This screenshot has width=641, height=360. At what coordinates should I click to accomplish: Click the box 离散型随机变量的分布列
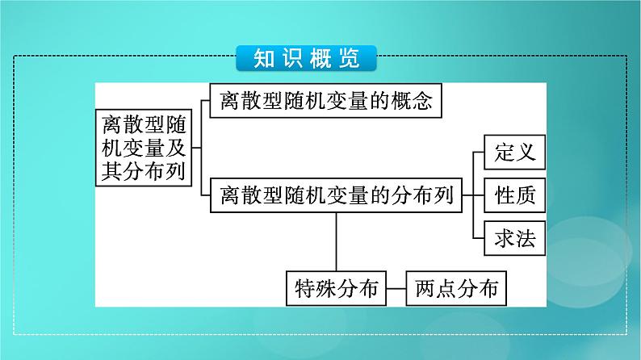pyautogui.click(x=335, y=195)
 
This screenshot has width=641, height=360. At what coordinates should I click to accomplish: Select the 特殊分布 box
pyautogui.click(x=335, y=287)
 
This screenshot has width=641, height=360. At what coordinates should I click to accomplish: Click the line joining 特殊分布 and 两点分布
pyautogui.click(x=395, y=287)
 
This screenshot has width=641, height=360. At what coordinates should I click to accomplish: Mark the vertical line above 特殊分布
pyautogui.click(x=335, y=240)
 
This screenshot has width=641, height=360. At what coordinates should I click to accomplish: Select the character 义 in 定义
pyautogui.click(x=522, y=151)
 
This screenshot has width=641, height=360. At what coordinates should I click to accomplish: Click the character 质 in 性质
pyautogui.click(x=522, y=195)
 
